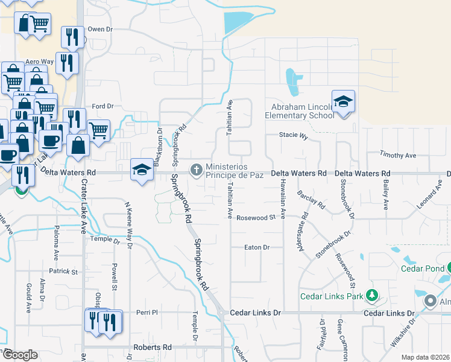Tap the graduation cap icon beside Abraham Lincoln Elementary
[343, 102]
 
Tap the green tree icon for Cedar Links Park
[373, 296]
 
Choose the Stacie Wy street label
[294, 136]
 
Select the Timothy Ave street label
[398, 156]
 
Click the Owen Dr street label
[100, 29]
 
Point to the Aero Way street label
[39, 62]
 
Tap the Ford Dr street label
[102, 106]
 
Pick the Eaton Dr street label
[256, 247]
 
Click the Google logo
[19, 355]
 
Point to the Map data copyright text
[426, 357]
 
